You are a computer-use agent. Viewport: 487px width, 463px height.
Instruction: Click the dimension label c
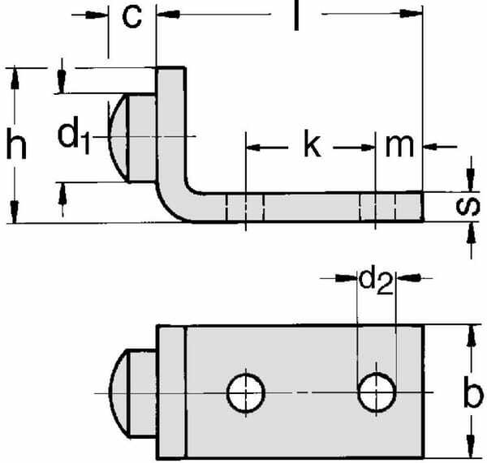point(132,17)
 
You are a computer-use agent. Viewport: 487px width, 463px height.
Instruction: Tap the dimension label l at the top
point(296,16)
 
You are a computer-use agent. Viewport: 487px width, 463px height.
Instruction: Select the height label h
point(16,143)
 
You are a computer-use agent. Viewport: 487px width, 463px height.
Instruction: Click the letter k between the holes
point(312,144)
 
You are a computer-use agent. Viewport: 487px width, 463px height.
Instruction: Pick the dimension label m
point(399,146)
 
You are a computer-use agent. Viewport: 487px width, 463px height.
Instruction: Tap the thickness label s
point(468,206)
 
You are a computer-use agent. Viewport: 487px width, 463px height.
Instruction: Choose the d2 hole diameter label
point(376,281)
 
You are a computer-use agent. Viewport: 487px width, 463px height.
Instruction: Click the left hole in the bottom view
point(246,393)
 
